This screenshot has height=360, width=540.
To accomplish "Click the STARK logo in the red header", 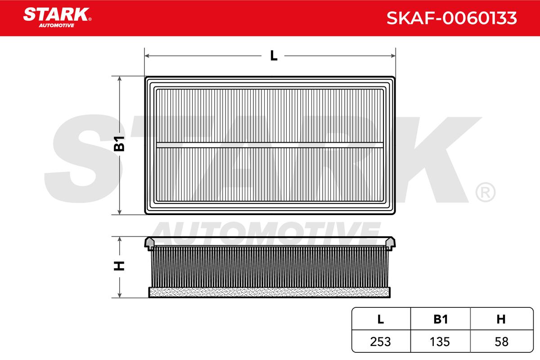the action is point(57,18).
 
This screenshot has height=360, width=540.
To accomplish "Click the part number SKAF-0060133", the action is point(451,18).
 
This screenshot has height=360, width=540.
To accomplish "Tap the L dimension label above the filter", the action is point(274,56).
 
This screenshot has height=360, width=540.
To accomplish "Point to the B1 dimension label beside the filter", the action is point(119,144).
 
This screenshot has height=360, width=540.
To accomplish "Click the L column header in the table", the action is point(380,319).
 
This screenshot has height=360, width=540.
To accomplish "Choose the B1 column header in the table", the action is point(441,319).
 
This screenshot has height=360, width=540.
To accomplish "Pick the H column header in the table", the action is point(501,319).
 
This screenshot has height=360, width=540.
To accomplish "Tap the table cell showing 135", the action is point(440,342).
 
